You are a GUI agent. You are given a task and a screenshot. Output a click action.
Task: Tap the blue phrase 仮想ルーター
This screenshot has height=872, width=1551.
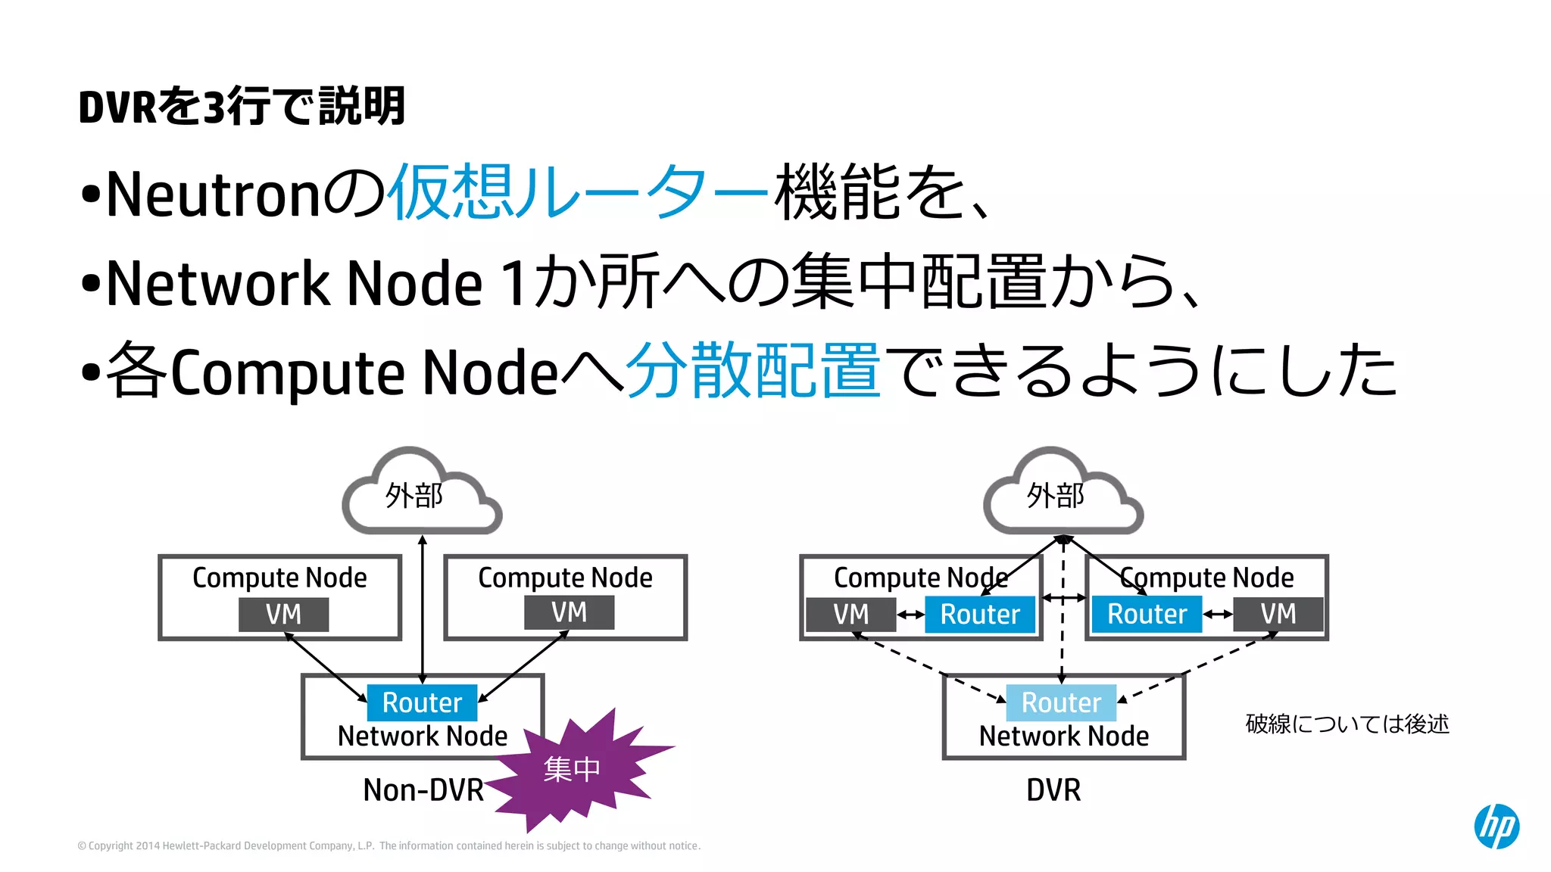coord(579,192)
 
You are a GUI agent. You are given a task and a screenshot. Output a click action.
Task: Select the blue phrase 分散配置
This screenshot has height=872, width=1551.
coord(753,370)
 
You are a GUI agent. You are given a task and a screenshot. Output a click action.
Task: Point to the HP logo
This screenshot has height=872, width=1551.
coord(1496,826)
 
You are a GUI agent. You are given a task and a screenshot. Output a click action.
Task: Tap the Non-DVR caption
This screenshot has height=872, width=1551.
coord(423,790)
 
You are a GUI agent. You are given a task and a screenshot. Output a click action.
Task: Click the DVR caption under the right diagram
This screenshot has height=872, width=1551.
coord(1053,790)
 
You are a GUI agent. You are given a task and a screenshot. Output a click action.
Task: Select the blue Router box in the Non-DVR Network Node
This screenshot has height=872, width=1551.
coord(422,702)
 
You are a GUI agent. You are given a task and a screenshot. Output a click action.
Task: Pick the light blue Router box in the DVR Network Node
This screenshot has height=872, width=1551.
coord(1061,702)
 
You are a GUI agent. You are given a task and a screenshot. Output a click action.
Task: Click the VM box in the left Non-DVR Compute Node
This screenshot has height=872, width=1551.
coord(283,614)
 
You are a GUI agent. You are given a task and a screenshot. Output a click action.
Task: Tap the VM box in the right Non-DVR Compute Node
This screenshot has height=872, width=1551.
coord(569,612)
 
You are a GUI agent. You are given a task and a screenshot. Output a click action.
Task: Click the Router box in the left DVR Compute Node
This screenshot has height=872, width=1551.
coord(980,614)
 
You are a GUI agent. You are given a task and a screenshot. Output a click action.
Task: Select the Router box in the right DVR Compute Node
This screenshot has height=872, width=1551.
coord(1147,614)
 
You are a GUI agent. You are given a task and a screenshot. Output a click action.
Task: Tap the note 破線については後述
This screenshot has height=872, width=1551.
coord(1347,724)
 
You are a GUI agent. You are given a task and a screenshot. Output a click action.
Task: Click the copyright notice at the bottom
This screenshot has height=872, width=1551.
coord(389,846)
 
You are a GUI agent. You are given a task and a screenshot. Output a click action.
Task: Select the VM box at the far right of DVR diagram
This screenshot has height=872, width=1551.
coord(1278,614)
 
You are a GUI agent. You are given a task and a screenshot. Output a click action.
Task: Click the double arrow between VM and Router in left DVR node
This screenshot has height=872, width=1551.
coord(910,615)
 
